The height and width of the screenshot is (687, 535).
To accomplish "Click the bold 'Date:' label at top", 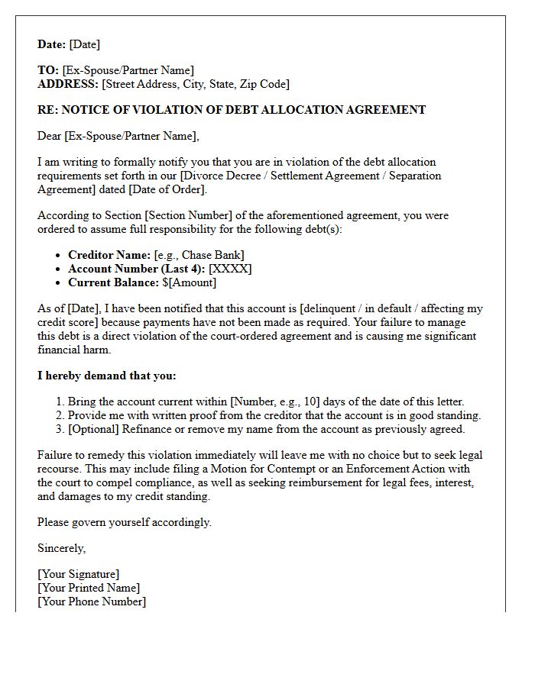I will coord(52,44).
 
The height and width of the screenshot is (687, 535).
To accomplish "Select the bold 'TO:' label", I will coord(48,70).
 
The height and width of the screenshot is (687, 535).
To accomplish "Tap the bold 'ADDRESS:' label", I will coord(68,84).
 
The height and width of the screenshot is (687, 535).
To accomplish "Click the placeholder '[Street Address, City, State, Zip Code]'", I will coord(196,84).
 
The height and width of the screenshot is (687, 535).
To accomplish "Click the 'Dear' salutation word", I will coord(50,136).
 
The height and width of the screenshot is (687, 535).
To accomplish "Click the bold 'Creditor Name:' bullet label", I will coord(109,255).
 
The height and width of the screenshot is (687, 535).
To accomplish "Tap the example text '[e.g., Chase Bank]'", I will coord(199,255).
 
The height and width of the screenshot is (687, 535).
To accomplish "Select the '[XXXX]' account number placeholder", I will coord(230,269).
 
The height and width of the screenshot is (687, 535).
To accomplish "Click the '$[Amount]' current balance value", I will coord(190,282).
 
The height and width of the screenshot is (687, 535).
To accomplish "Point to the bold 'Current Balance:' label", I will coord(114,282).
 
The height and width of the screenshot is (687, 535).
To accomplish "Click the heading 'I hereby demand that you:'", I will coord(106,376).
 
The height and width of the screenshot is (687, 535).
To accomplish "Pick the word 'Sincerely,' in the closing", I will coord(62,548).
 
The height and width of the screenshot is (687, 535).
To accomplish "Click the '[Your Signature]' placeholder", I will coord(79,574).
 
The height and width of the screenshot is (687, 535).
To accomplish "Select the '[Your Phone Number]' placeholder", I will coord(92,602).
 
